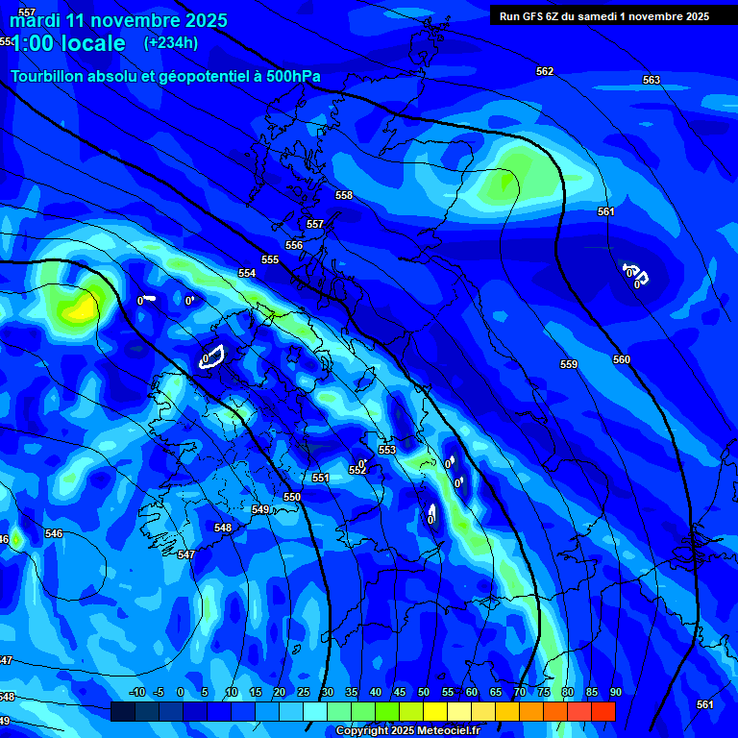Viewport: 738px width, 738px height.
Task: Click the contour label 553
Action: [x=387, y=450]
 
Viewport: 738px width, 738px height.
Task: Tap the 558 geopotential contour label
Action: [x=344, y=195]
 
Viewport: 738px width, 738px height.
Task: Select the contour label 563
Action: [x=652, y=80]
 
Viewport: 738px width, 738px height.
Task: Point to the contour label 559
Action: [x=569, y=364]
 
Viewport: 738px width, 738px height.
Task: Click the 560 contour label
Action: [x=622, y=359]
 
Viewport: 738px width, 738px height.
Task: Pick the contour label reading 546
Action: [x=54, y=533]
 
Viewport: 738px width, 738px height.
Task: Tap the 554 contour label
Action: [x=247, y=273]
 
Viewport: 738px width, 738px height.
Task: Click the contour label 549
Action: [x=260, y=509]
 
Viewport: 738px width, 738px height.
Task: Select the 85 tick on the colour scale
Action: [x=592, y=692]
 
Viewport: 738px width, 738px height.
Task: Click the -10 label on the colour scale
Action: [x=136, y=692]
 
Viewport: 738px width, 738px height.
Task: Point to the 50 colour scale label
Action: [x=424, y=692]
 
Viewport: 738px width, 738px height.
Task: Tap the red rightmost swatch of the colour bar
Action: [x=603, y=711]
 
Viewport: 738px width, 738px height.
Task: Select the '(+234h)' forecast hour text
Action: [x=171, y=42]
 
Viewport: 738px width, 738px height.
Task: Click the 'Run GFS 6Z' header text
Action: [x=538, y=16]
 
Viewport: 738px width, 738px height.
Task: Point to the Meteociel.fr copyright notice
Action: [x=407, y=730]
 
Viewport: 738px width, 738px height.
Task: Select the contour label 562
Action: [x=545, y=71]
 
